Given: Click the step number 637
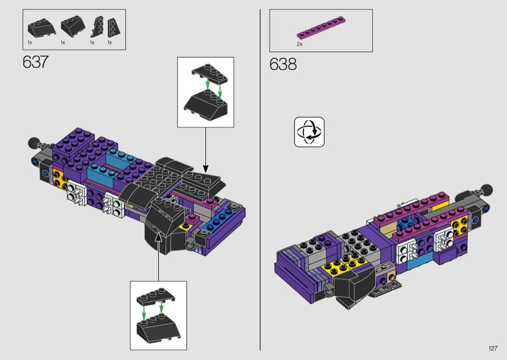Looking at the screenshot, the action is [x=36, y=62].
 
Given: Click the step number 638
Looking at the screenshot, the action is [x=283, y=64].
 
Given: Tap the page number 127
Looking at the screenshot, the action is [x=493, y=348].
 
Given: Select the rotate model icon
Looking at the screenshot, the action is [x=309, y=132].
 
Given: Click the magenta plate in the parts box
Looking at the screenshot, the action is [x=322, y=27].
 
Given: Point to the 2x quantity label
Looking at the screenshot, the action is [x=300, y=44].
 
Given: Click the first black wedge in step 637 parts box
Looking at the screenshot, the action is [x=42, y=28].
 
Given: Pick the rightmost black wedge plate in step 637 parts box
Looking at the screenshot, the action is [x=113, y=28].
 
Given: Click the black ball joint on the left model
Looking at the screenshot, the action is [x=34, y=142].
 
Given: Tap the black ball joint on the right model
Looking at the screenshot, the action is [x=486, y=190].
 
